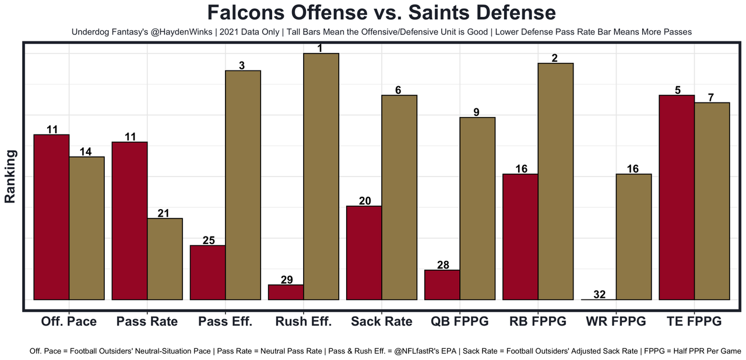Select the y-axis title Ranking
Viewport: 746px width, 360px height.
pos(10,176)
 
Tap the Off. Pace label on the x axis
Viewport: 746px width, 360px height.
pos(69,321)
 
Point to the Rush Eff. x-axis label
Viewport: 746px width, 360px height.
pos(303,321)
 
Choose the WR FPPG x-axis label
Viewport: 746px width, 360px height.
pos(616,321)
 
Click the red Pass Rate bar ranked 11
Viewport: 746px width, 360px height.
pos(129,221)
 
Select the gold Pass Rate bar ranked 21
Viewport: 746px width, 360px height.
pos(165,259)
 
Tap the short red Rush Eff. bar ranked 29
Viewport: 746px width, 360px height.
pos(286,292)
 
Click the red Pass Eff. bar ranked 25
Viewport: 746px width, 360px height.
pos(208,272)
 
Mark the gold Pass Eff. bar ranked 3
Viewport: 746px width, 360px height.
pos(243,185)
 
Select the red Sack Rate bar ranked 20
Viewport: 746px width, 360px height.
pos(364,253)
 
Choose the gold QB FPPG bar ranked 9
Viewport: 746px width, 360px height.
pos(477,209)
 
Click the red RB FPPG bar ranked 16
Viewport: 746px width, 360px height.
pos(520,237)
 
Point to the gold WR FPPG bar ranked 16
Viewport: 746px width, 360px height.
pos(634,237)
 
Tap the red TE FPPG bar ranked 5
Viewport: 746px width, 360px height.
pos(677,197)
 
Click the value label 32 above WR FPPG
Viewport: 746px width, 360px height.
pos(599,294)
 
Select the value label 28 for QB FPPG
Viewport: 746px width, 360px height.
pos(442,265)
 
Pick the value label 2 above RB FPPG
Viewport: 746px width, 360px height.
pos(555,58)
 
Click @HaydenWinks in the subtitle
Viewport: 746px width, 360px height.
pos(182,32)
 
